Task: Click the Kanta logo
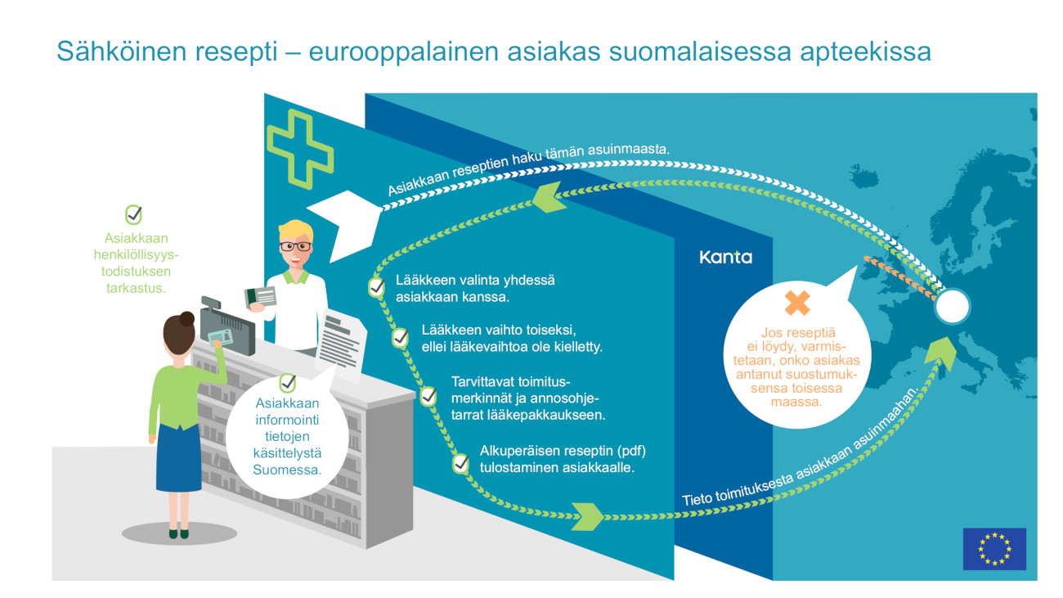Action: point(725,257)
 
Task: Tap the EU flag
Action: point(993,548)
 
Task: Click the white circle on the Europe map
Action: point(952,307)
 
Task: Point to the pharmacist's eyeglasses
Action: point(295,245)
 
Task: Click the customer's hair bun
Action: point(187,318)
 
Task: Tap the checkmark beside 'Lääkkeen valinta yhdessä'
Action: point(376,287)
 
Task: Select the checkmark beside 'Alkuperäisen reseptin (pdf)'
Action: point(460,464)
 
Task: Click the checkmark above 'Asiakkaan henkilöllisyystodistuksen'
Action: point(133,215)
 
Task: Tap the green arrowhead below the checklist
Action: point(588,516)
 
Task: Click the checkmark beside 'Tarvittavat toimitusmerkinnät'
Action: point(428,396)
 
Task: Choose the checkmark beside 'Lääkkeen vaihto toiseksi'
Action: point(401,336)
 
